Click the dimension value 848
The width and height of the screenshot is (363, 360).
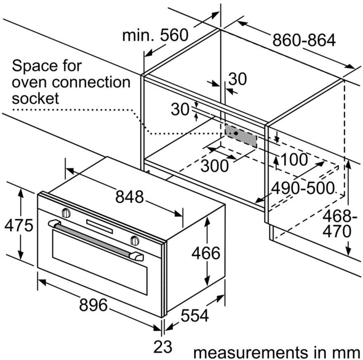130,197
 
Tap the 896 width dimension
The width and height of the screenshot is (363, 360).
93,305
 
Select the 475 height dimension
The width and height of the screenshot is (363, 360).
19,225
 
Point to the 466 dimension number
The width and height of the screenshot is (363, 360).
205,253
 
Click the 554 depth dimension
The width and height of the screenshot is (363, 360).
194,315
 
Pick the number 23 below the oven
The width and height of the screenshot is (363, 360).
163,346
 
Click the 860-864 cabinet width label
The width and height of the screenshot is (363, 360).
304,40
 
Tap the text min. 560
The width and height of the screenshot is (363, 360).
156,35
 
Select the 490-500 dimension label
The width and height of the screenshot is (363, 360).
303,188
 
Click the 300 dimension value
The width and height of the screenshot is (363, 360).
214,166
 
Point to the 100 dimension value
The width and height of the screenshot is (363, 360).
294,159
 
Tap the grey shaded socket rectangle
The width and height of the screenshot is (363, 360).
241,136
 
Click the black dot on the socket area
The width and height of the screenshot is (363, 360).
236,133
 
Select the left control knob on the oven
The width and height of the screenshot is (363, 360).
66,213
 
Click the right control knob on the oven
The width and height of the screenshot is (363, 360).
135,240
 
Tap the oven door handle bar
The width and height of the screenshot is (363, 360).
96,240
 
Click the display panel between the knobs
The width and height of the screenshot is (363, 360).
99,226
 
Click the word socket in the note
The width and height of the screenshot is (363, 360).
35,98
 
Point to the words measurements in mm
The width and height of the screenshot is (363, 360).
276,353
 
